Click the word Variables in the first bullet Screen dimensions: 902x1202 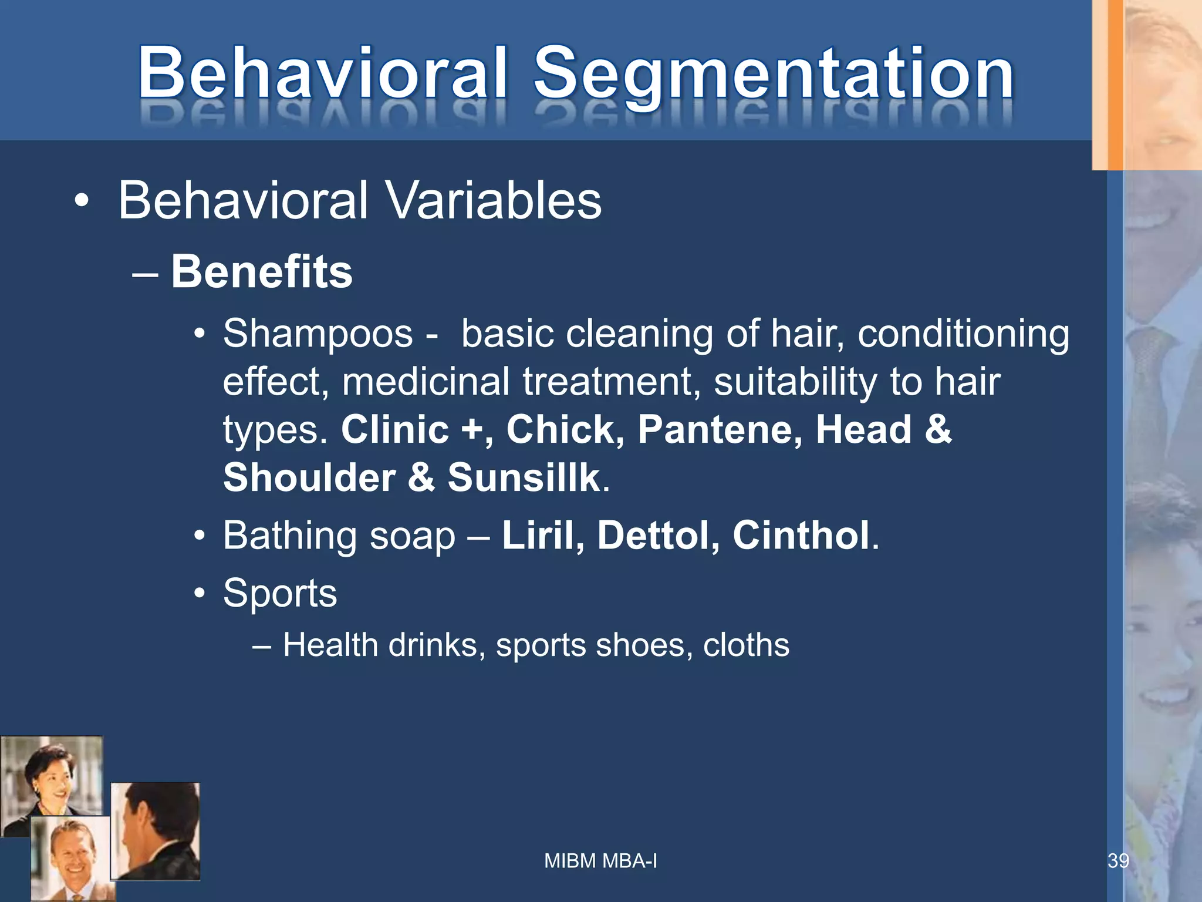coord(493,200)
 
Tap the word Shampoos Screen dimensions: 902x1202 coord(318,334)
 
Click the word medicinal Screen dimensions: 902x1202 coord(426,382)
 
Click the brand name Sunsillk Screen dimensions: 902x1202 coord(524,477)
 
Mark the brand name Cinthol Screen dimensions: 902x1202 coord(801,535)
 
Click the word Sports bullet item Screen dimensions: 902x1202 coord(280,593)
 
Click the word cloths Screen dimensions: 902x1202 coord(746,645)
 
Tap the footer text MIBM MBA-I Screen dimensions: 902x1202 coord(600,861)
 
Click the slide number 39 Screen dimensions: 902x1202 coord(1117,861)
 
